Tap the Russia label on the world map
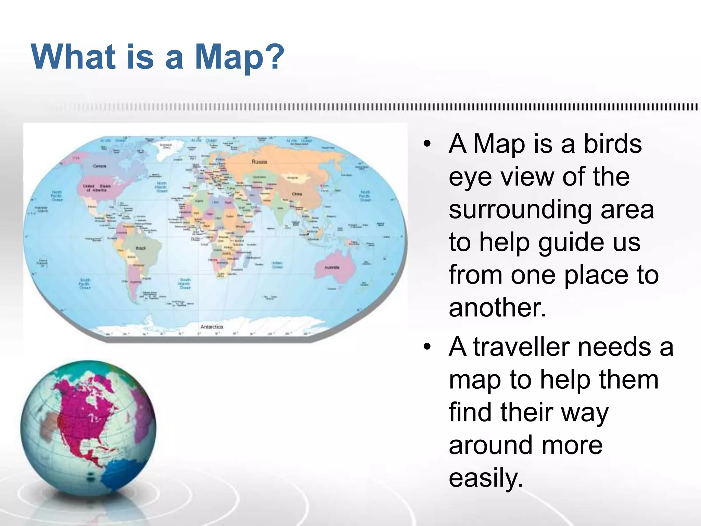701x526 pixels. [x=259, y=162]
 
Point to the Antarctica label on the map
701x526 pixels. [x=212, y=327]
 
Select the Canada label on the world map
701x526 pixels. [x=100, y=166]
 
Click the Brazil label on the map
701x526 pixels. [x=141, y=248]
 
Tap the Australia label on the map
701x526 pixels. [x=332, y=267]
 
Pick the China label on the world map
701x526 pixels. [x=297, y=194]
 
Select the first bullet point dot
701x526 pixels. [x=426, y=144]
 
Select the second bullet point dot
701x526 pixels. [x=426, y=347]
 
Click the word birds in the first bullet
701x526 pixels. [x=612, y=144]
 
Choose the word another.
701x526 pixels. [x=497, y=307]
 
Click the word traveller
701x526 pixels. [x=522, y=347]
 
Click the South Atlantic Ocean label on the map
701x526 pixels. [x=185, y=284]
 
